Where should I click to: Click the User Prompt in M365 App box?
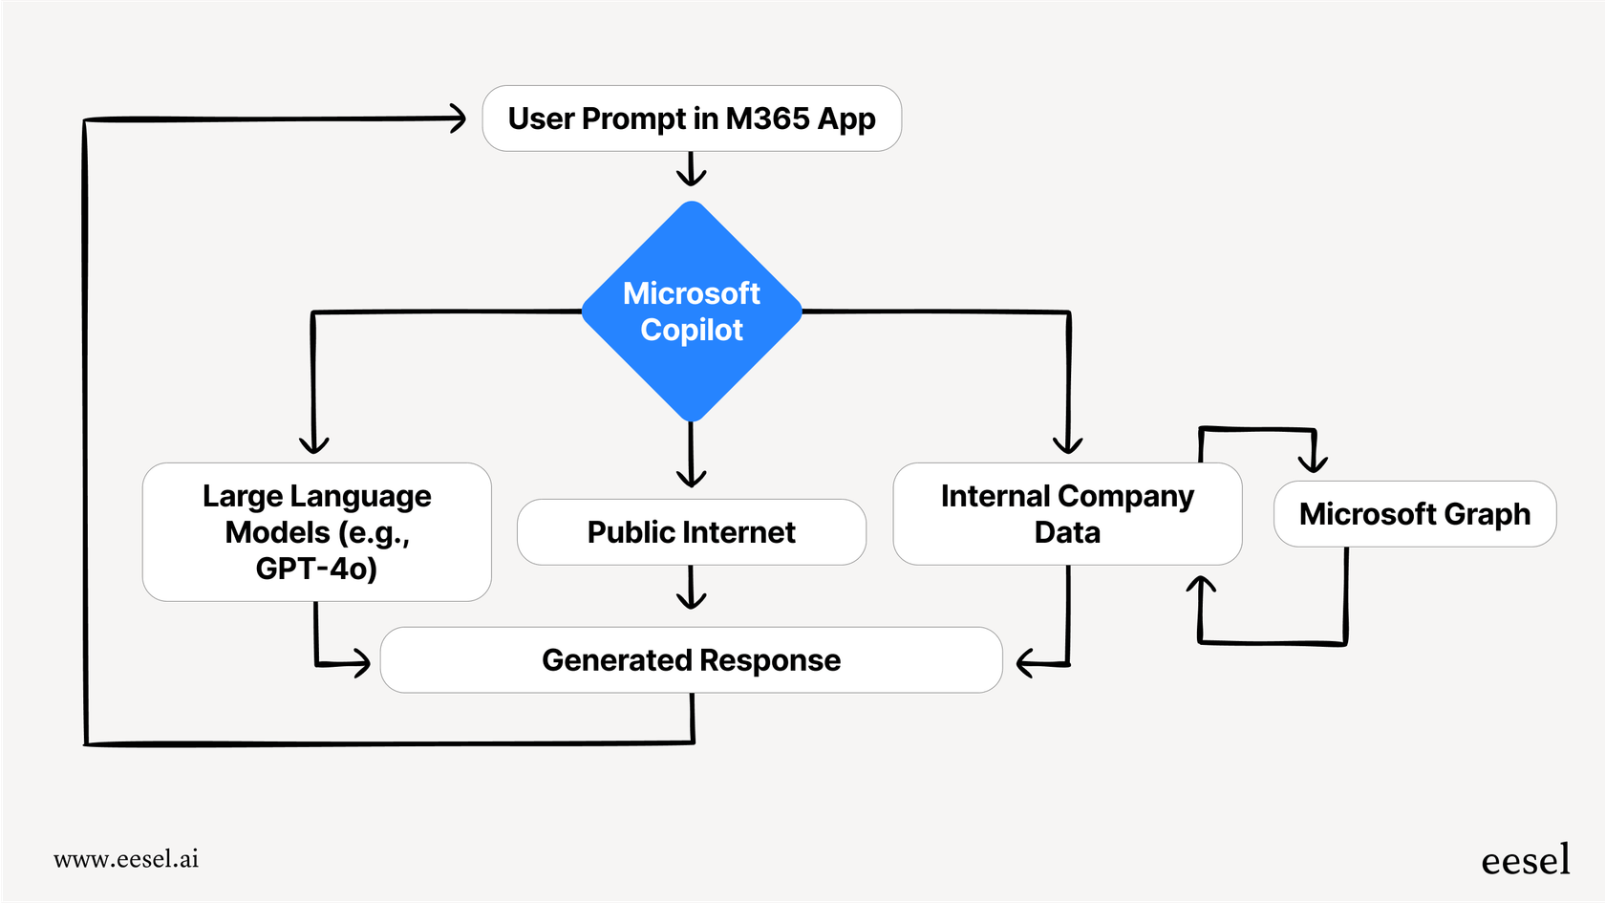692,118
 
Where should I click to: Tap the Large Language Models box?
316,531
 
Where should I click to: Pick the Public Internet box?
691,532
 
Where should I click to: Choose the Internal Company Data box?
1067,514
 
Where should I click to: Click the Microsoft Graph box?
1414,514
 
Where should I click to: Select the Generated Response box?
691,660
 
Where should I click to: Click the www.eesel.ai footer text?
126,859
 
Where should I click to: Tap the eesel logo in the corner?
1525,860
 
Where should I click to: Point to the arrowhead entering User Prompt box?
458,118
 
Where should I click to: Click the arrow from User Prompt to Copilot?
691,170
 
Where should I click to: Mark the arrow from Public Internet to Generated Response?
691,589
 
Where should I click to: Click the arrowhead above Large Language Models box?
313,443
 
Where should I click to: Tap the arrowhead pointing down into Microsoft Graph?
1314,461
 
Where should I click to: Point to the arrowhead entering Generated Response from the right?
1026,662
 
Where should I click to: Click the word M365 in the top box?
767,118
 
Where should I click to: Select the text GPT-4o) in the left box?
316,569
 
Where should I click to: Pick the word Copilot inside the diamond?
692,330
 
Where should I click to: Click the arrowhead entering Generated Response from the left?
361,662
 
